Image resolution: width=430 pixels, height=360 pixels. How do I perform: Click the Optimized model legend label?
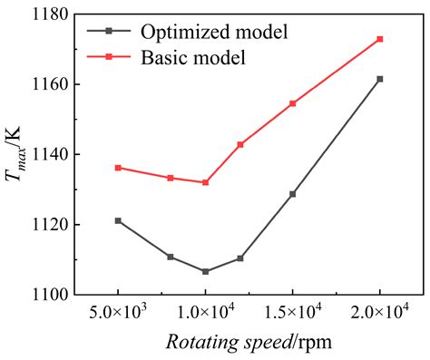click(x=214, y=33)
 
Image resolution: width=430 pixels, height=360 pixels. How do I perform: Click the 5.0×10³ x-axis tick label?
click(x=118, y=313)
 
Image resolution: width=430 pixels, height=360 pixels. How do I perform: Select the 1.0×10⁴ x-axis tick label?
click(x=205, y=313)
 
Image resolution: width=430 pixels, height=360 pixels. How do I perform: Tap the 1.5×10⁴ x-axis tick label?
click(x=292, y=313)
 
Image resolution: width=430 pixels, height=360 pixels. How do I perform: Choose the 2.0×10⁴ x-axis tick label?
click(x=379, y=313)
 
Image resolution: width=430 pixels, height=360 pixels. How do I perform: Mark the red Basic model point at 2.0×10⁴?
click(x=380, y=39)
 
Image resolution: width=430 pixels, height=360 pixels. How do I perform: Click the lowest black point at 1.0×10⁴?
click(x=205, y=271)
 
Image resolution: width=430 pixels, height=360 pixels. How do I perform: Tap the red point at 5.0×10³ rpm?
click(x=118, y=168)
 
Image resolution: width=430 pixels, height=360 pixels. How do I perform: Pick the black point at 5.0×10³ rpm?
click(x=118, y=220)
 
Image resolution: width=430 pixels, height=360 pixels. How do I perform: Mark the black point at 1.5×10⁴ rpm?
click(x=293, y=194)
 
